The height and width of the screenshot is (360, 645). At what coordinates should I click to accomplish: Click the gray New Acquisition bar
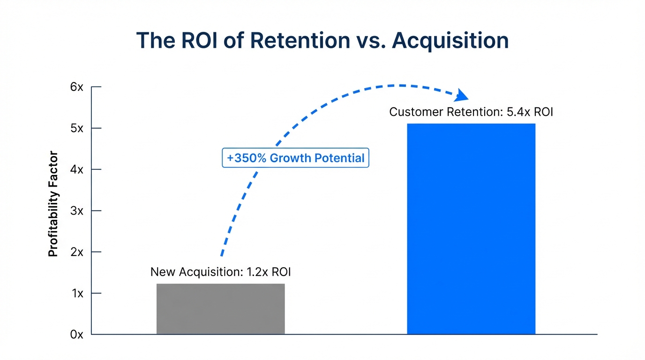click(220, 309)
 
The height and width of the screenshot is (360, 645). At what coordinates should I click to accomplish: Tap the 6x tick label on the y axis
click(77, 87)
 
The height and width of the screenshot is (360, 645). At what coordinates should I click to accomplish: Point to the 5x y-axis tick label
click(77, 128)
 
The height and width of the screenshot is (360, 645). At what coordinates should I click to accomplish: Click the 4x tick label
click(77, 170)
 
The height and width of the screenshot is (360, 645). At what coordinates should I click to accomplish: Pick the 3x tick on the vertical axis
click(77, 211)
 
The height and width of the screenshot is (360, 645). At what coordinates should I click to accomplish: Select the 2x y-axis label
click(77, 252)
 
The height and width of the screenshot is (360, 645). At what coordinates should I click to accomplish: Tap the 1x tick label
click(77, 293)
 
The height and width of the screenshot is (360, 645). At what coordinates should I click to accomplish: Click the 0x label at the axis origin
click(77, 335)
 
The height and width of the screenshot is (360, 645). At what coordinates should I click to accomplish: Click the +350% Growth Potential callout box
click(295, 158)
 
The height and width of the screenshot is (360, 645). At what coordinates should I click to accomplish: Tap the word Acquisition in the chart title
click(450, 41)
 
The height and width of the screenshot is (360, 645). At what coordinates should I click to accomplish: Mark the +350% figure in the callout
click(247, 158)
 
